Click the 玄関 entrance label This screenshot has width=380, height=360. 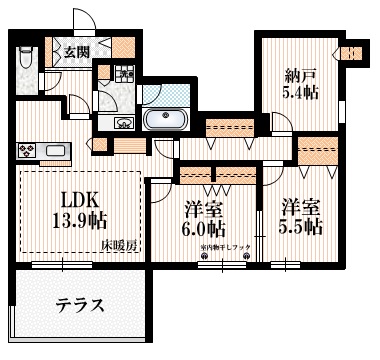(76, 52)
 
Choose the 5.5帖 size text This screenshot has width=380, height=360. (302, 227)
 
